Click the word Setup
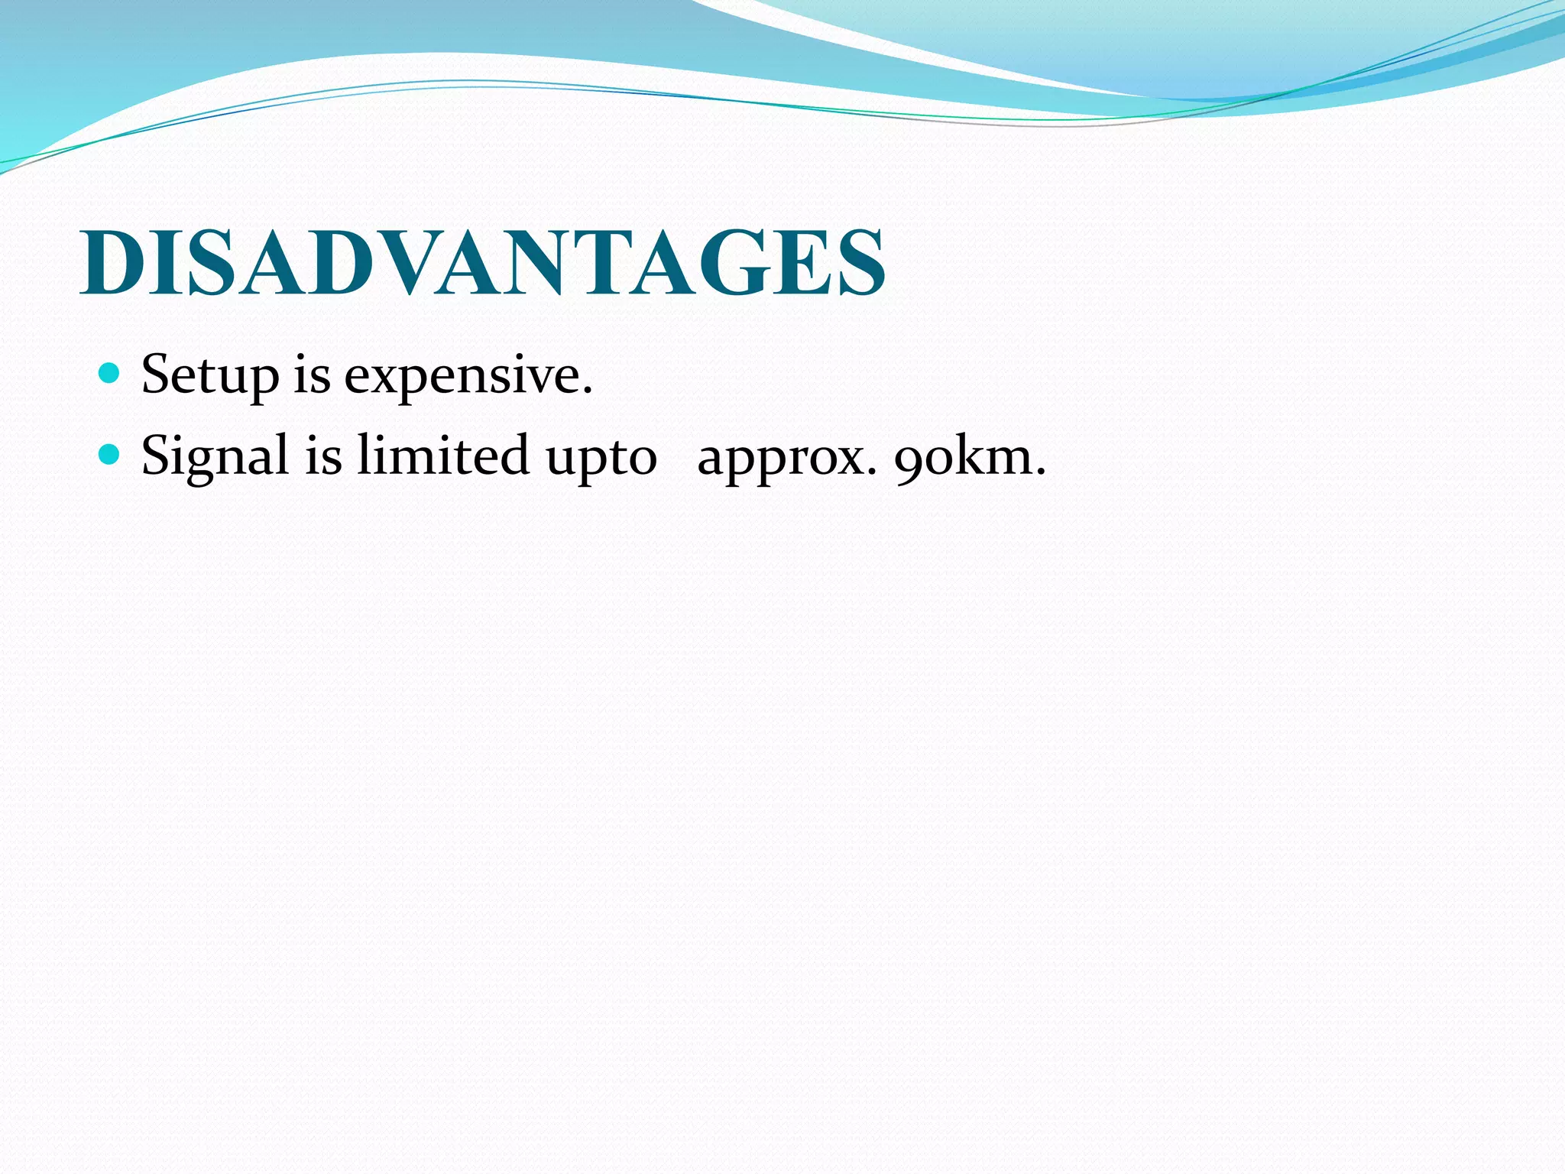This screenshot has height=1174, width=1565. pos(210,376)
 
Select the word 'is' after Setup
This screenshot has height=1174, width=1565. pos(312,375)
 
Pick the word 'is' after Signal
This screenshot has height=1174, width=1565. pos(323,456)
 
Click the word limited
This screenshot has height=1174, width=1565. pos(442,456)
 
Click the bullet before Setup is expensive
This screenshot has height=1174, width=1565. pos(110,373)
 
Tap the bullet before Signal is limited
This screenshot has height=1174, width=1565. pos(110,455)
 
